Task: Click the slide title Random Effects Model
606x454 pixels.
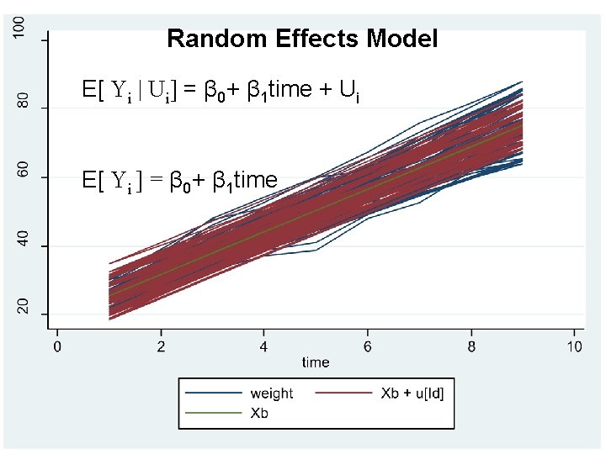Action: pos(302,39)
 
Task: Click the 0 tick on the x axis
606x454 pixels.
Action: pos(57,346)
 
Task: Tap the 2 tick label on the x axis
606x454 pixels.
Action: pos(161,346)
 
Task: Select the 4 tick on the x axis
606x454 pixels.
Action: pos(264,346)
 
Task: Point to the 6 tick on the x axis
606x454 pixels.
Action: pos(368,346)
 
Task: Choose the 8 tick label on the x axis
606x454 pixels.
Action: pos(471,346)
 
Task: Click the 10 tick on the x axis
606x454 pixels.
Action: pos(575,346)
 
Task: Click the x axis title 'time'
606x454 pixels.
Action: pos(316,362)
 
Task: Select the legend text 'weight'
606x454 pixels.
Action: pos(272,393)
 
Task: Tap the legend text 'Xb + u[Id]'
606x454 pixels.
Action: pos(412,393)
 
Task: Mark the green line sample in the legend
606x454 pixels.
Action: pos(210,413)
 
